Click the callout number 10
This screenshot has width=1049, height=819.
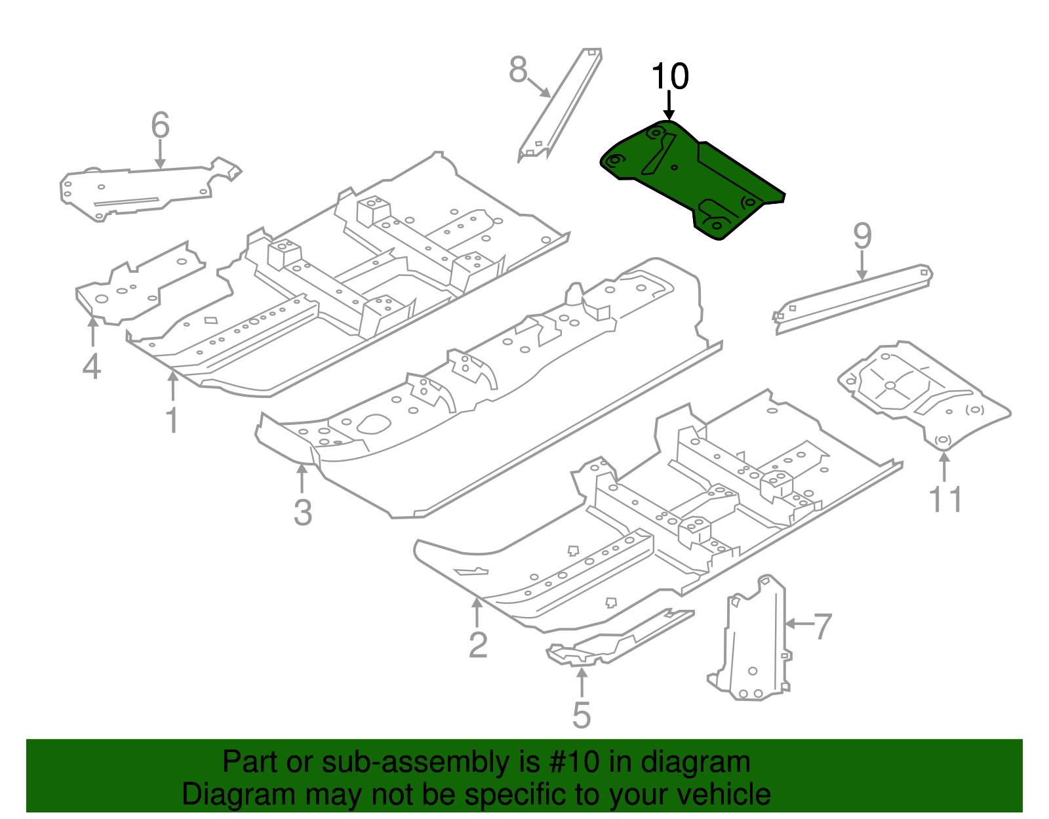point(669,77)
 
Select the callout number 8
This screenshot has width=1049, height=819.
point(518,70)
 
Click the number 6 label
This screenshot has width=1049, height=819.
point(160,125)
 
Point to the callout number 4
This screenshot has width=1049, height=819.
point(92,367)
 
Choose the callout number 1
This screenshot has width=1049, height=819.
point(172,421)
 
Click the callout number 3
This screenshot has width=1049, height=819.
point(302,513)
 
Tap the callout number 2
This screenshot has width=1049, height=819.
point(478,645)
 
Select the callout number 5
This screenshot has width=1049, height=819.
point(582,715)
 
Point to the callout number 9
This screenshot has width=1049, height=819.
point(862,236)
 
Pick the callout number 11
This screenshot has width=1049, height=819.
point(945,500)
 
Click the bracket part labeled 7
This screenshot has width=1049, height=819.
point(754,643)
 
